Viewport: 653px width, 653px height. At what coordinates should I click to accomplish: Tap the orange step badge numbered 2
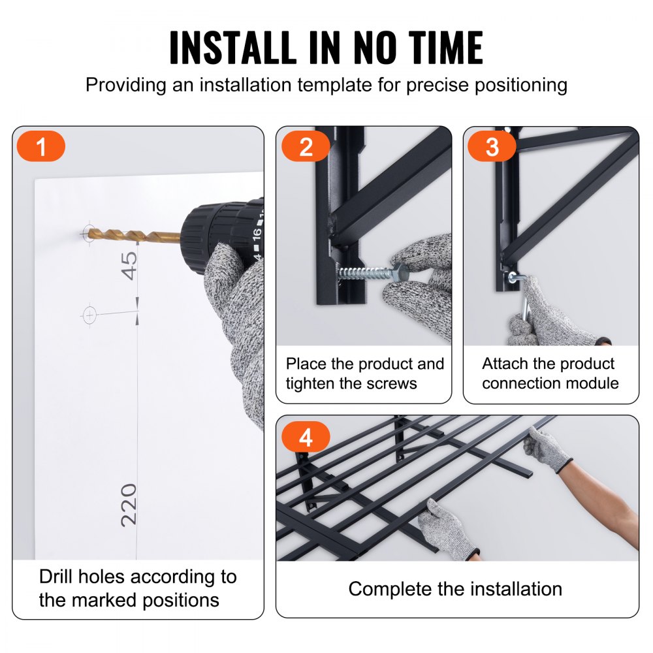(306, 146)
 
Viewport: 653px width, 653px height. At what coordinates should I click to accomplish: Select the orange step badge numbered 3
(492, 146)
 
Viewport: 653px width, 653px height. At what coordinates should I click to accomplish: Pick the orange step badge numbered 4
(305, 436)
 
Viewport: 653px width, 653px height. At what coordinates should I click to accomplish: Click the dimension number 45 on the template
(129, 265)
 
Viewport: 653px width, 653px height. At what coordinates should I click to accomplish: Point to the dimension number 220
(129, 504)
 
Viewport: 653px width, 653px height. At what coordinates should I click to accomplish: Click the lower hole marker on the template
(89, 315)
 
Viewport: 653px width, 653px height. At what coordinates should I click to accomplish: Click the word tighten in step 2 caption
(310, 383)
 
